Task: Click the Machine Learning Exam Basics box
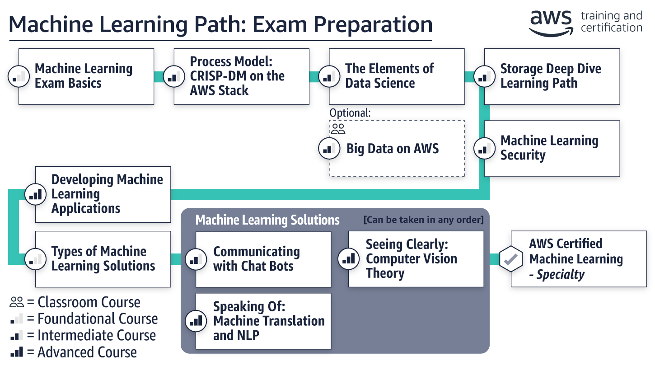tap(86, 76)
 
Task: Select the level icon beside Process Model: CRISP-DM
tap(172, 76)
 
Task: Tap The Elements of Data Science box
tap(397, 76)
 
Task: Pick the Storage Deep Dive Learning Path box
tap(552, 76)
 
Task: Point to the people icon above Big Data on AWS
tap(338, 129)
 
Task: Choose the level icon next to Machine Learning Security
tap(484, 148)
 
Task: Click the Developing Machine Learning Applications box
tap(103, 194)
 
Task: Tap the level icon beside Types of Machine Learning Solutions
tap(34, 259)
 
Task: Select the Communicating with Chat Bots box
tap(263, 259)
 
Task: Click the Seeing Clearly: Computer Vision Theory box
tap(416, 259)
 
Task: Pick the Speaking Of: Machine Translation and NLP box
tap(263, 321)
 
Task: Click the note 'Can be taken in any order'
tap(423, 220)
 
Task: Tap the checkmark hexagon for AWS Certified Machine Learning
tap(510, 259)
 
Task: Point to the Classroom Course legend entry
tap(75, 302)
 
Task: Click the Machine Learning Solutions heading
tap(267, 220)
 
